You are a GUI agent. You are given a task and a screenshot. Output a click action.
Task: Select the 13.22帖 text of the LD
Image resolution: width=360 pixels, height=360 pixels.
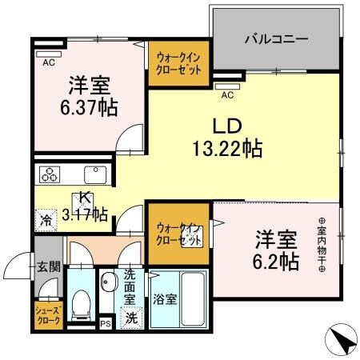[227, 147]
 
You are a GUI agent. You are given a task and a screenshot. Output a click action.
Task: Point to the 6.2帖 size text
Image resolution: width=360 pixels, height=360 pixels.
[278, 262]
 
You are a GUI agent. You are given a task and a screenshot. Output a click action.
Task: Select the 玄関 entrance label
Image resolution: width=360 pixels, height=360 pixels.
[48, 266]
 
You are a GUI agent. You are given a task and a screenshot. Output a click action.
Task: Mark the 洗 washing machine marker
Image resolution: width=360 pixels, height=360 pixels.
[128, 318]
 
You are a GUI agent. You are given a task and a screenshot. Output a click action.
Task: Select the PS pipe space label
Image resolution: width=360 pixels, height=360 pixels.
[105, 325]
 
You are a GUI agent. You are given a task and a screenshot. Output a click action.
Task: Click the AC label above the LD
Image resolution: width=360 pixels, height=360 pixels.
[227, 94]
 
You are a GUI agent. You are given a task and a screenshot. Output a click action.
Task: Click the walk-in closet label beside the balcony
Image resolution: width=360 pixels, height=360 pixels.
[178, 62]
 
